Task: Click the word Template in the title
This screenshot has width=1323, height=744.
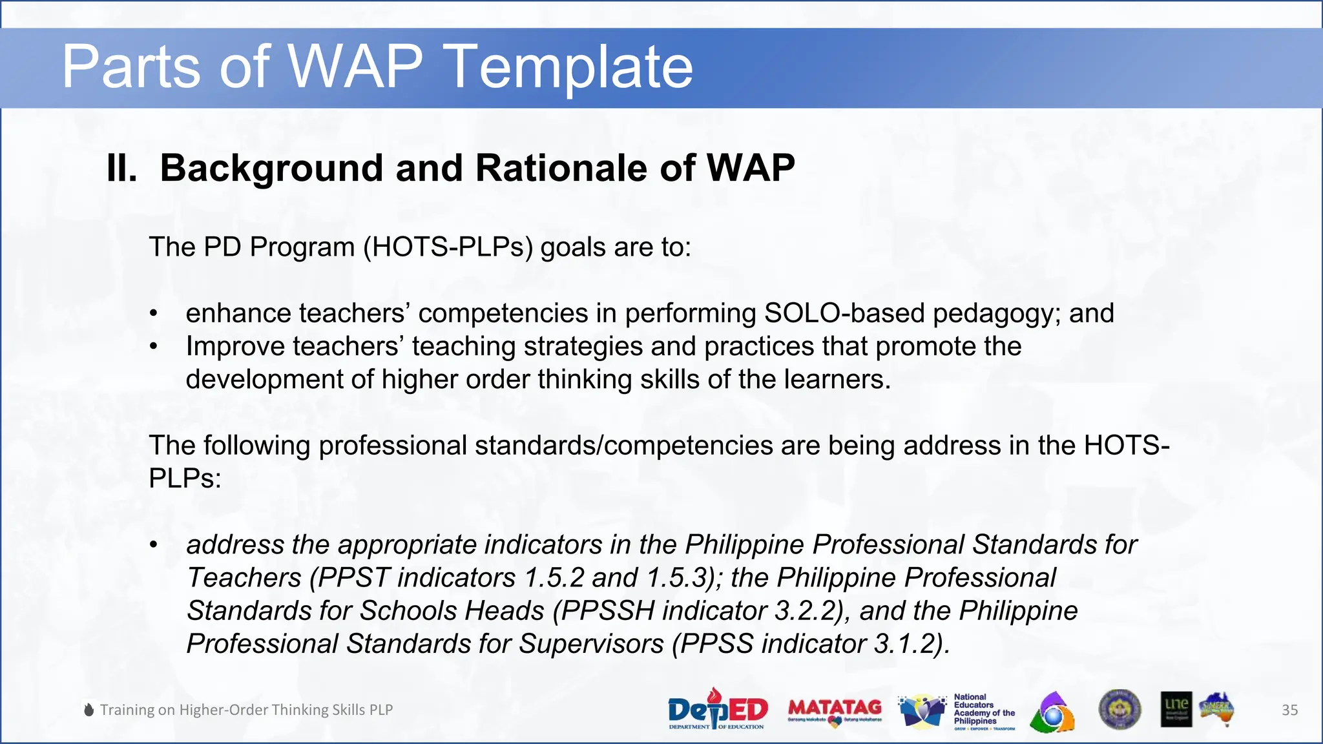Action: (x=568, y=67)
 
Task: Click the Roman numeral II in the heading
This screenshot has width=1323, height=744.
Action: (x=121, y=169)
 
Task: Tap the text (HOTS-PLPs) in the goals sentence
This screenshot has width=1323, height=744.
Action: (x=448, y=247)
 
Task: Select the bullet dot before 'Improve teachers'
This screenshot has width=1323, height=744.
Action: (x=153, y=347)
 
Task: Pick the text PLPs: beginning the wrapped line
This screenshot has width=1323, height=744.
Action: (x=185, y=479)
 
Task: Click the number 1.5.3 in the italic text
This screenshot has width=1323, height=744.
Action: (x=680, y=577)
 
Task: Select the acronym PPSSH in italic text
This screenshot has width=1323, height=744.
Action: (x=607, y=611)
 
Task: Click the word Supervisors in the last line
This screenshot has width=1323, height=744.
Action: (x=590, y=644)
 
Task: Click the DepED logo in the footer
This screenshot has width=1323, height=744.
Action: (x=717, y=709)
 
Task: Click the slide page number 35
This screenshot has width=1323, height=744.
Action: (x=1289, y=710)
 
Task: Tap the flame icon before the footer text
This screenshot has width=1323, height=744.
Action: (x=89, y=710)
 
